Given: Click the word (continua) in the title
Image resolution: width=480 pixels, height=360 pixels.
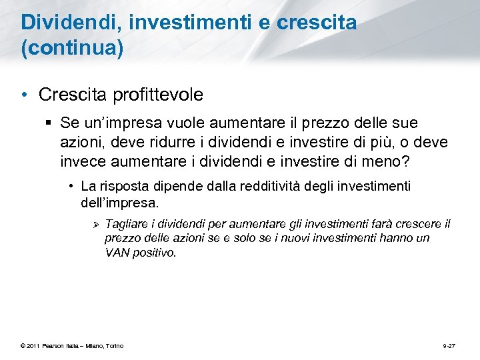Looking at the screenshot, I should point(73,49).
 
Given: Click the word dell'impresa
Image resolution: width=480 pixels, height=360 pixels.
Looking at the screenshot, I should point(120,201).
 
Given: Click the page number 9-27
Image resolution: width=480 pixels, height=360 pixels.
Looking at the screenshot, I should point(449,345).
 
